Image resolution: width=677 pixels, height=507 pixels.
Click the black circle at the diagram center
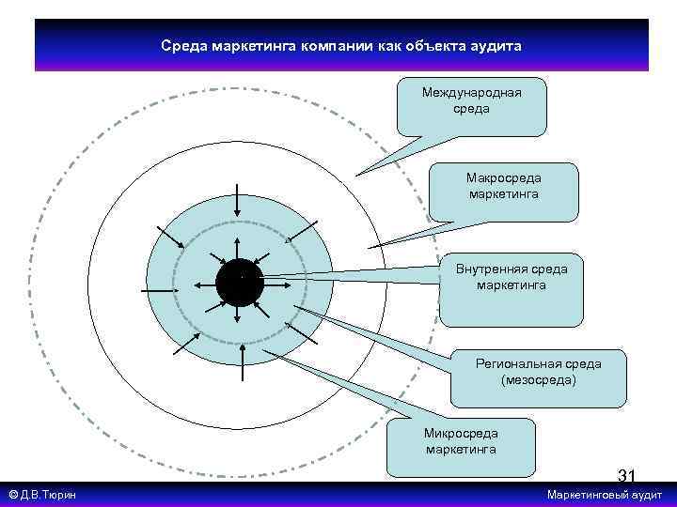click(239, 282)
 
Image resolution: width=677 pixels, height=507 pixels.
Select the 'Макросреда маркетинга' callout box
click(503, 193)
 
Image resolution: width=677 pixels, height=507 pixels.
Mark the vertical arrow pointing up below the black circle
click(244, 361)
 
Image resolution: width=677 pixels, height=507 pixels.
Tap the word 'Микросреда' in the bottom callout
click(461, 434)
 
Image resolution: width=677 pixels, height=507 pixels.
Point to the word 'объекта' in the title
click(431, 45)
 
